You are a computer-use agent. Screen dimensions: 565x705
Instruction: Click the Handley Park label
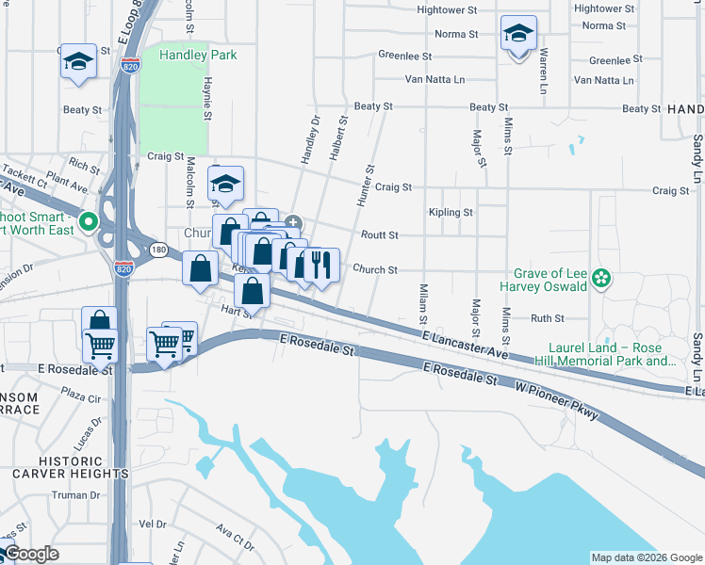click(198, 55)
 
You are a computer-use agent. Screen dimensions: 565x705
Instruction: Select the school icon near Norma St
click(518, 36)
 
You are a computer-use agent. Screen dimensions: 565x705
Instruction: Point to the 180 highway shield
click(158, 250)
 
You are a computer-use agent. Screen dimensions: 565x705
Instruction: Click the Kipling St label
click(450, 213)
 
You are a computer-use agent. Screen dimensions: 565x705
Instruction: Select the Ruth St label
click(547, 319)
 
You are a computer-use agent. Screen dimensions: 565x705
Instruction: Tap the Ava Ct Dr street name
click(235, 538)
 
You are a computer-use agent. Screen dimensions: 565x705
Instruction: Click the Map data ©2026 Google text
click(647, 557)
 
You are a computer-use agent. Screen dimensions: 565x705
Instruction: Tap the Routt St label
click(380, 234)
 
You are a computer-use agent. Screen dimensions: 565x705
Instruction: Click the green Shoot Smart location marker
click(88, 222)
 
